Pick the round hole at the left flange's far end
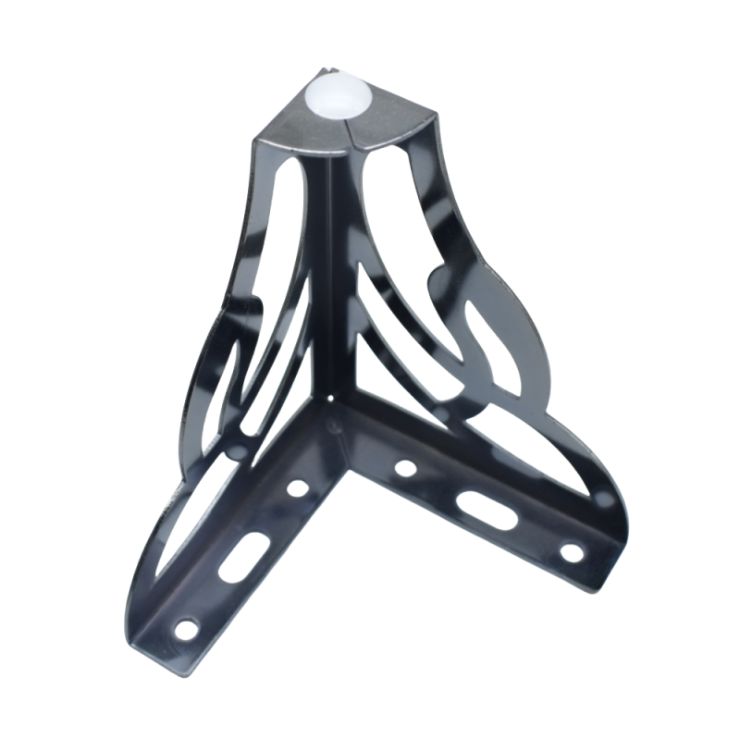click(x=188, y=629)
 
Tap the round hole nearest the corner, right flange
click(x=404, y=468)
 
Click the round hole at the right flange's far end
click(x=572, y=552)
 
